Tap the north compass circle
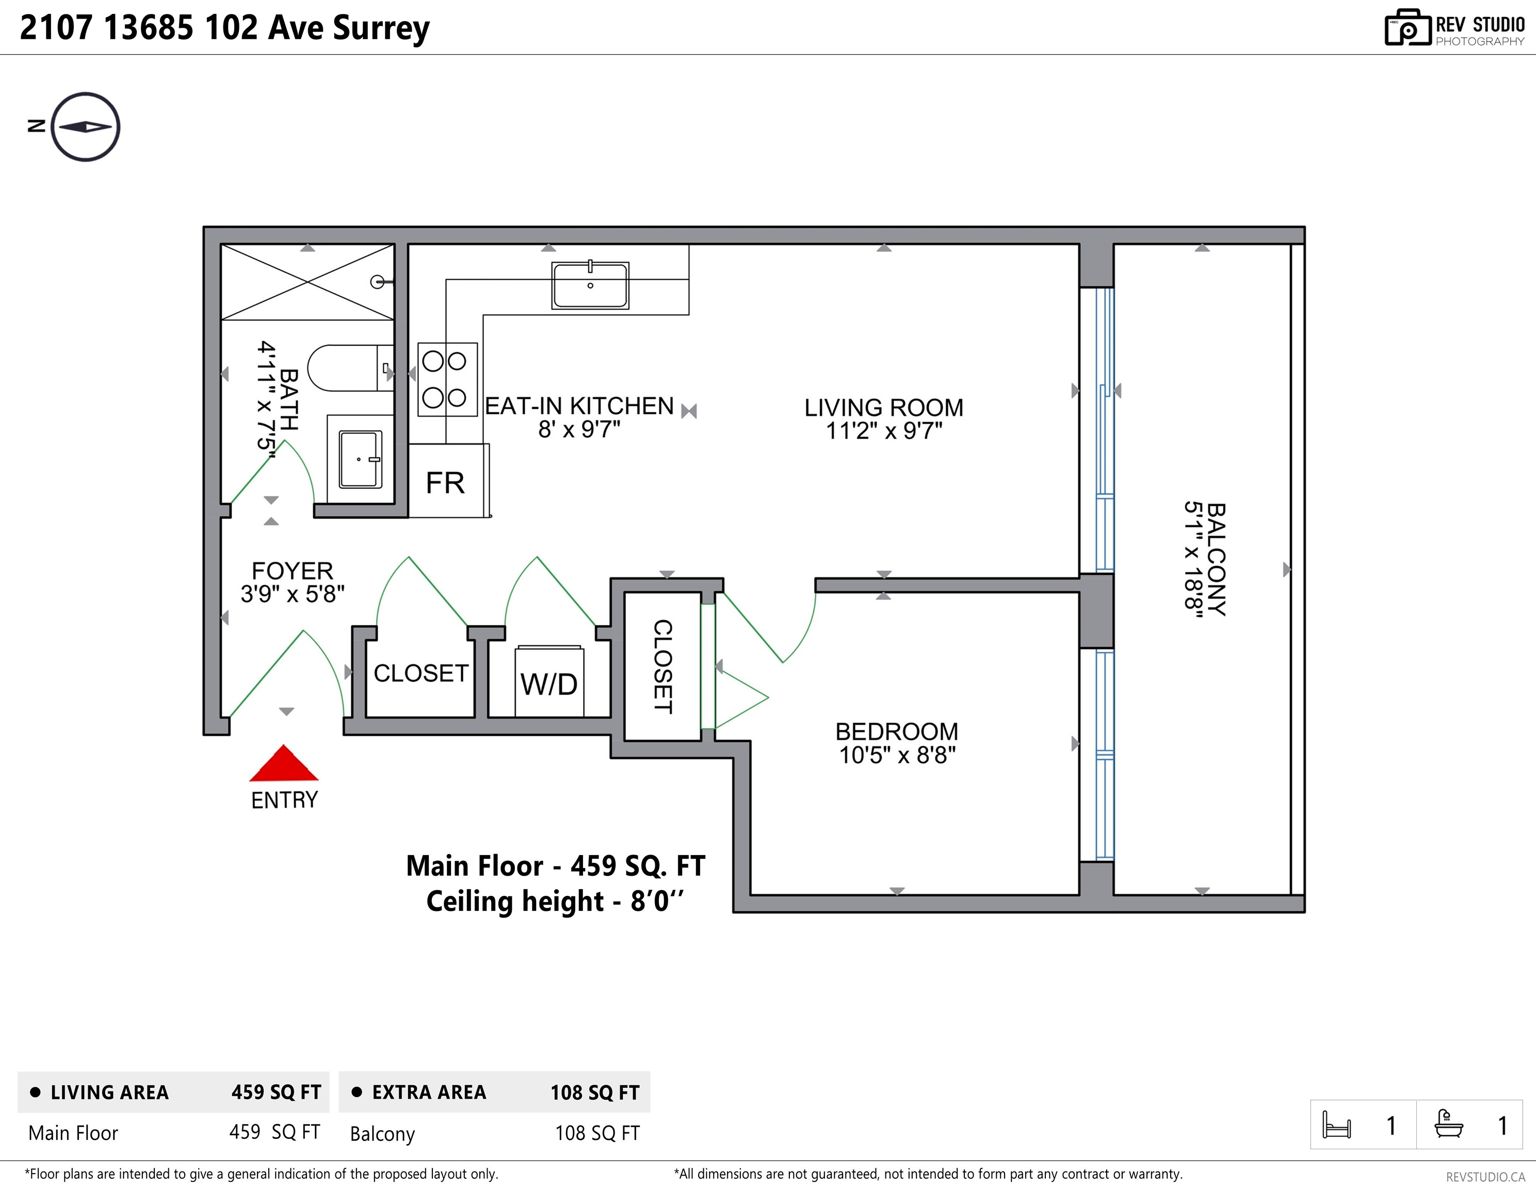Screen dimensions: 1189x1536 [x=85, y=126]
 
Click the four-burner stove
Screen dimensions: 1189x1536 [x=447, y=379]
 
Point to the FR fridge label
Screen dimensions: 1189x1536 [x=445, y=484]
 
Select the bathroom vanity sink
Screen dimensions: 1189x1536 [x=360, y=459]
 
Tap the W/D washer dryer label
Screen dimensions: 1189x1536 [x=548, y=684]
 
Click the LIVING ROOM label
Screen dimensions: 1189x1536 [x=883, y=407]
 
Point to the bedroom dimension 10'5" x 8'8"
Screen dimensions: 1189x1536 [x=897, y=755]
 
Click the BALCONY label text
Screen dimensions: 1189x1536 [x=1215, y=559]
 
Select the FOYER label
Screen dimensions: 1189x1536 [x=292, y=571]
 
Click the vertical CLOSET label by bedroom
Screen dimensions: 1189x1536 [x=662, y=666]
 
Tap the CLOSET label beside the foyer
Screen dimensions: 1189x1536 [x=421, y=673]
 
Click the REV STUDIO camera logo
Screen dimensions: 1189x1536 [x=1406, y=28]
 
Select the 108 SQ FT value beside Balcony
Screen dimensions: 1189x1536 [x=597, y=1133]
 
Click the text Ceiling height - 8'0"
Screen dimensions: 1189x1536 [x=555, y=901]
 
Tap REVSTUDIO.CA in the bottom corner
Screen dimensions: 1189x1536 [x=1484, y=1176]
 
